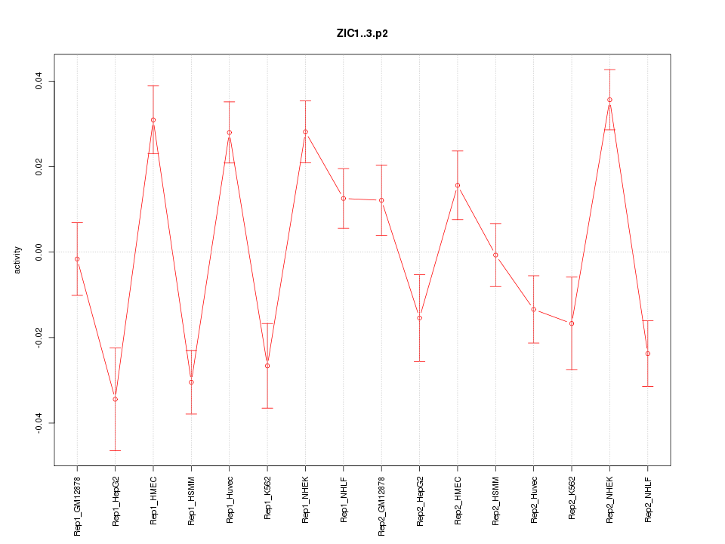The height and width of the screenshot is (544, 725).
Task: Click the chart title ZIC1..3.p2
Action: click(x=362, y=34)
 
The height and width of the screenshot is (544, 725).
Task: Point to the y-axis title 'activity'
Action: click(x=18, y=260)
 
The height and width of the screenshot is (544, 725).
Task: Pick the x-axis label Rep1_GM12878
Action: click(x=77, y=505)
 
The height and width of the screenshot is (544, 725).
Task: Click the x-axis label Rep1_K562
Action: click(x=267, y=499)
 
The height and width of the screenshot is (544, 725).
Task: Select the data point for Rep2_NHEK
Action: click(x=609, y=100)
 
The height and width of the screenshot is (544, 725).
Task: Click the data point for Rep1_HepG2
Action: click(x=115, y=399)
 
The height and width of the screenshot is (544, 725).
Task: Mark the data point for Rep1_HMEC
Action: click(x=153, y=120)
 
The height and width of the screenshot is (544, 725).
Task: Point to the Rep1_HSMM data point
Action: click(x=191, y=382)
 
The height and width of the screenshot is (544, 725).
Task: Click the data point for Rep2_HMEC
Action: click(x=458, y=185)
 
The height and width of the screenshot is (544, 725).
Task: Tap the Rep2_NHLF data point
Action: click(x=648, y=354)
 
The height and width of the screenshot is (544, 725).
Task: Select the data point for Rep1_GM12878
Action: click(x=77, y=259)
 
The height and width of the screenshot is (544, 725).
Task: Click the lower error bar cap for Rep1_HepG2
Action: click(x=115, y=450)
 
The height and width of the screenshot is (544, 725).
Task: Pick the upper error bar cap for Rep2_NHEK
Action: click(x=609, y=70)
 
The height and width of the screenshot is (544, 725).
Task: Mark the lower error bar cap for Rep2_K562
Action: click(x=572, y=369)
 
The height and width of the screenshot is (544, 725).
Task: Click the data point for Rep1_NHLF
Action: click(x=344, y=198)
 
